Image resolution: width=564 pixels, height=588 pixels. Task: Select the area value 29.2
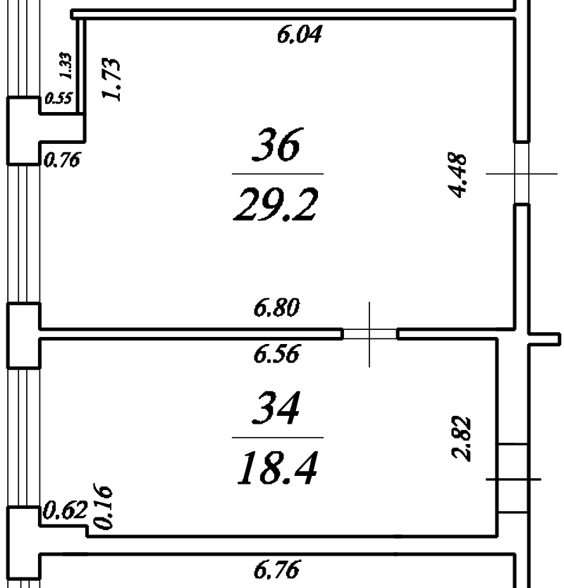(276, 204)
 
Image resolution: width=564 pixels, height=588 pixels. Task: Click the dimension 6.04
(300, 34)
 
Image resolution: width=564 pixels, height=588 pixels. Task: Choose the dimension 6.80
(277, 307)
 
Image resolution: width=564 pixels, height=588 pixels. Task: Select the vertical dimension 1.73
(114, 80)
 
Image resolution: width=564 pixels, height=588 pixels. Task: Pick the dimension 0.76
(62, 161)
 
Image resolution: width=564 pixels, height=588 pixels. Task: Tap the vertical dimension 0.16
(102, 507)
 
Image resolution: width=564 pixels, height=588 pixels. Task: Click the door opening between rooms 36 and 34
(370, 333)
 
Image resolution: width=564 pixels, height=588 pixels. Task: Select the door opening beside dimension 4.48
(521, 173)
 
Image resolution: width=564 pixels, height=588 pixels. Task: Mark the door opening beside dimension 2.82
(513, 479)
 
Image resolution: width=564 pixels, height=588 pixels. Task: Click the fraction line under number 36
(277, 173)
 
